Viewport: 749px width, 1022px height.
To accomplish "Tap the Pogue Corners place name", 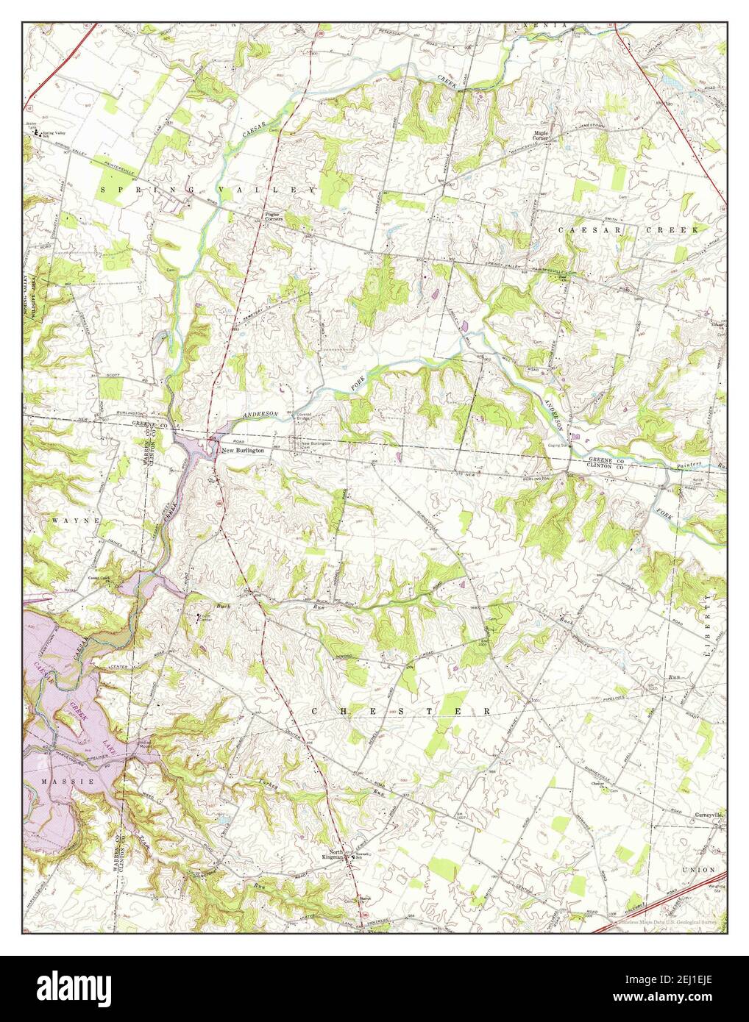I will [x=274, y=216].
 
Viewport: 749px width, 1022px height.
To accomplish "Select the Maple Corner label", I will [x=541, y=136].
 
